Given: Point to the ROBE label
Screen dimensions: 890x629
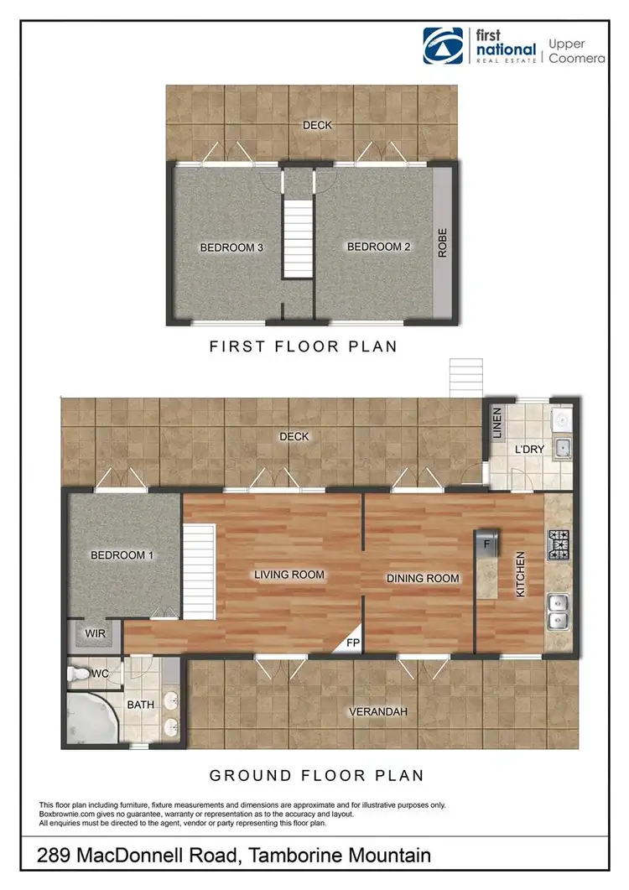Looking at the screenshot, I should [x=442, y=244].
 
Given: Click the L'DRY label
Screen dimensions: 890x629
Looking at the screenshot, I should [x=528, y=450].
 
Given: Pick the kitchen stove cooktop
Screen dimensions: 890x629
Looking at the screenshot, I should [x=559, y=544].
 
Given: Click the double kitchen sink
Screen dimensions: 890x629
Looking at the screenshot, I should [x=558, y=612].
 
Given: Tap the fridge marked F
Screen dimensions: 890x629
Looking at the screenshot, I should [x=486, y=542].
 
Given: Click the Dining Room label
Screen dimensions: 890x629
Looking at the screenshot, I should [x=423, y=578].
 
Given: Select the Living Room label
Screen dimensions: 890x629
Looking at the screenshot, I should [x=289, y=575].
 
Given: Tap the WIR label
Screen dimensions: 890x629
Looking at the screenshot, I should [x=96, y=634].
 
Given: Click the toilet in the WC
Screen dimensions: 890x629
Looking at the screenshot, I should [x=80, y=673].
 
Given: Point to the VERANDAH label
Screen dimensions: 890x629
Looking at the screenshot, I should [x=378, y=712].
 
